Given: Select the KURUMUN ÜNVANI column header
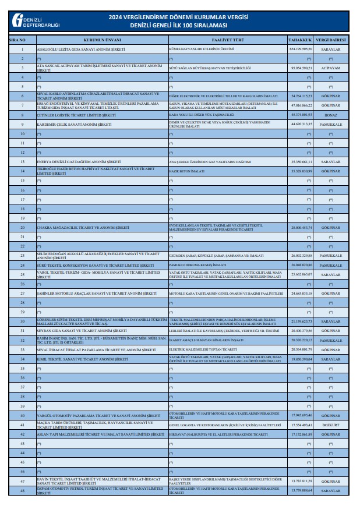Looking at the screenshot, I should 101,40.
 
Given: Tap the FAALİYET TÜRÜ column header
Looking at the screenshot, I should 227,40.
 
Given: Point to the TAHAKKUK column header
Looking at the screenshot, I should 301,40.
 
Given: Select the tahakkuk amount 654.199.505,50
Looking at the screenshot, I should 301,50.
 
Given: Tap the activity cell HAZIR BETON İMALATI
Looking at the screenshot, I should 185,171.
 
